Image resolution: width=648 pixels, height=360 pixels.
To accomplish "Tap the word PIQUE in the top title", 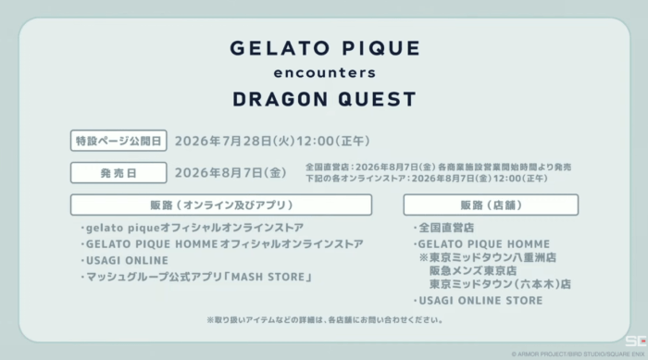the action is coord(380,48).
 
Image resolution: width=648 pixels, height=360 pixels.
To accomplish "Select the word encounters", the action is coord(325,73).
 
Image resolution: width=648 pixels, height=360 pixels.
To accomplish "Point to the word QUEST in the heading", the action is coord(378,100).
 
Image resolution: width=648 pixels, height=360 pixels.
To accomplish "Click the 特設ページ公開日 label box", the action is coord(118,141).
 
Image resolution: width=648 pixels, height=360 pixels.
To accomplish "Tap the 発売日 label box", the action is coord(118,173).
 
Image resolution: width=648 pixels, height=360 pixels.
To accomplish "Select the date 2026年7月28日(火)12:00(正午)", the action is coord(272,141).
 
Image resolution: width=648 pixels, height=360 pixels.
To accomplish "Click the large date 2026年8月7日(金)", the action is coord(231,173).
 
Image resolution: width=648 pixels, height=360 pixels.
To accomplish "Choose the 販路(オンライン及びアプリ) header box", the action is coord(221,205).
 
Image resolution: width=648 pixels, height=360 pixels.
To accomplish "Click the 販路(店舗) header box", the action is coord(491,205).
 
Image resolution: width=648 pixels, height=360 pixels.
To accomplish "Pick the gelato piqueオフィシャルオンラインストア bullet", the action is coord(193,228).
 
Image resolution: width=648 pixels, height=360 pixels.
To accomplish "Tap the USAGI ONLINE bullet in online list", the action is coord(125,260).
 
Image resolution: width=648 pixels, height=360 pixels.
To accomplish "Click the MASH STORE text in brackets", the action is coord(268,277).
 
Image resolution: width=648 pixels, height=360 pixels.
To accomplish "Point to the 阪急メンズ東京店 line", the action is coord(473,271).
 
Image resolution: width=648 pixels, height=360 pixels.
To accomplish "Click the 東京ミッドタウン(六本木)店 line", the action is coord(500,284).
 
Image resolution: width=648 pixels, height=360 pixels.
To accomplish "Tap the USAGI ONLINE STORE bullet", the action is coord(479,301).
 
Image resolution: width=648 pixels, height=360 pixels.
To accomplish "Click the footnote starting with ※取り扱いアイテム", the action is coord(325,320).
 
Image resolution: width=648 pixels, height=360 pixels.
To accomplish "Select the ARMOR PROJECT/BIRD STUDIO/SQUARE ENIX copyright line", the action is coord(578,354).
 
